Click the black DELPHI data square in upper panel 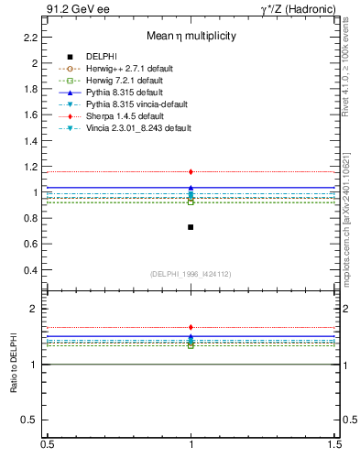(191, 226)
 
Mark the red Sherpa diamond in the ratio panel (191, 327)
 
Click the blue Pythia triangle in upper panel (191, 187)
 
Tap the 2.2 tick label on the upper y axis (31, 38)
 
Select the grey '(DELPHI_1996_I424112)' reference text (191, 274)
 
